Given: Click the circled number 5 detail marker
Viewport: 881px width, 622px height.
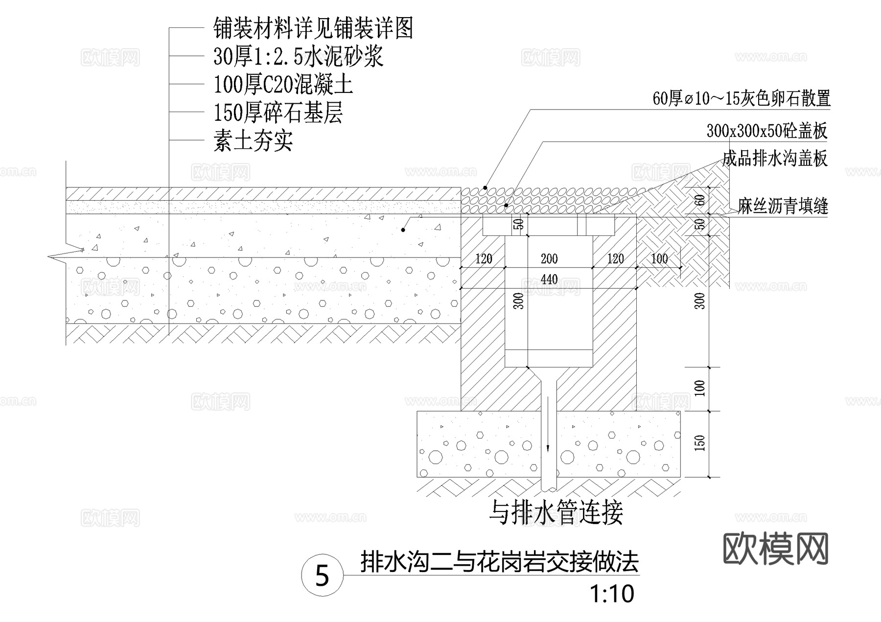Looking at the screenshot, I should pos(322,576).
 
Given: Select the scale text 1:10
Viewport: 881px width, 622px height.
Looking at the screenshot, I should pos(612,594).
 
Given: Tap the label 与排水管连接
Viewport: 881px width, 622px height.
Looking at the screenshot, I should pos(556,513).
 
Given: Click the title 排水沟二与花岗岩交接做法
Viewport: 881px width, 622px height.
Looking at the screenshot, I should pos(499,562).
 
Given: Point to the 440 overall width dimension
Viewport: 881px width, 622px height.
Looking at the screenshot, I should pos(549,279).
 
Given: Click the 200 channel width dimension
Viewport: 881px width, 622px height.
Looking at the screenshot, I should pos(549,259).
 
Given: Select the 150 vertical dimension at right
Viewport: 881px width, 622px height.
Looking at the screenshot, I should pos(700,443).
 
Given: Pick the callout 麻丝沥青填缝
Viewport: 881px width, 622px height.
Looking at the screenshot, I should pos(783,207).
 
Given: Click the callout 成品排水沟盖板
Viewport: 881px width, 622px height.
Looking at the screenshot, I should pos(774,159).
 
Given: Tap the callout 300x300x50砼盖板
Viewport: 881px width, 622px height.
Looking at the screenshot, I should pos(766,131).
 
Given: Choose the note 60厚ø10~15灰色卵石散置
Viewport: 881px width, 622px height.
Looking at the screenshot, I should pos(742,99).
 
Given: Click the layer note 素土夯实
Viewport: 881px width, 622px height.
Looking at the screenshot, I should pos(253,141).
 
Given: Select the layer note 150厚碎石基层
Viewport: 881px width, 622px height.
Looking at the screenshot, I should pos(278,113).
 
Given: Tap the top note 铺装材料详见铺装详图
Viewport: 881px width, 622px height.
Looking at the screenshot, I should pos(313,28).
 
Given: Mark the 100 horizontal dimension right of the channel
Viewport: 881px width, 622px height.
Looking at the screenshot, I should pos(659,259).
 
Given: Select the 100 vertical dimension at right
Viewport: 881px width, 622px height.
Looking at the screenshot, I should pos(700,389).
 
